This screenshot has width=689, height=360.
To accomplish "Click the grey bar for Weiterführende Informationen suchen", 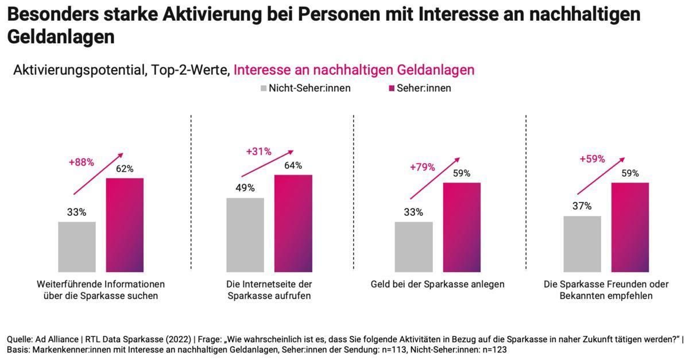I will coord(77,246).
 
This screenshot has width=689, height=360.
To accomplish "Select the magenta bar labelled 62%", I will coord(125,224).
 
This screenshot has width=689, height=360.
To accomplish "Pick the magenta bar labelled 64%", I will coord(293,223).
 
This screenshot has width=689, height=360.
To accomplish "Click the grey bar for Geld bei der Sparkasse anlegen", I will coord(413,246).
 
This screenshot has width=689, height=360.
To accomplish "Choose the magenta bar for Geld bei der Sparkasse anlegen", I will coord(462,227).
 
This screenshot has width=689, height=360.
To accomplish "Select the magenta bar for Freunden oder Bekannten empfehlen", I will coord(630,227).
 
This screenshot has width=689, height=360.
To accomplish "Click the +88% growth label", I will coord(81,162).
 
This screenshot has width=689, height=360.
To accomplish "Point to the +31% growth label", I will coord(258,152).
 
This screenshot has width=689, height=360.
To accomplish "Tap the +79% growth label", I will coord(422,167).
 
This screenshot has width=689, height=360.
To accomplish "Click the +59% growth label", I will coord(592,159).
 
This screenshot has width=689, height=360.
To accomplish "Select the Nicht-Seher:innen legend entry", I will coord(305,88).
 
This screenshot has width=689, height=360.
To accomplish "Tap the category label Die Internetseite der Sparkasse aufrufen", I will coord(269,290).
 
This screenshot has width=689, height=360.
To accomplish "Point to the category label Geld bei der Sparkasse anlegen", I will coord(438,284).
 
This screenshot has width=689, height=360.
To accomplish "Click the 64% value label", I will coord(293,166).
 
